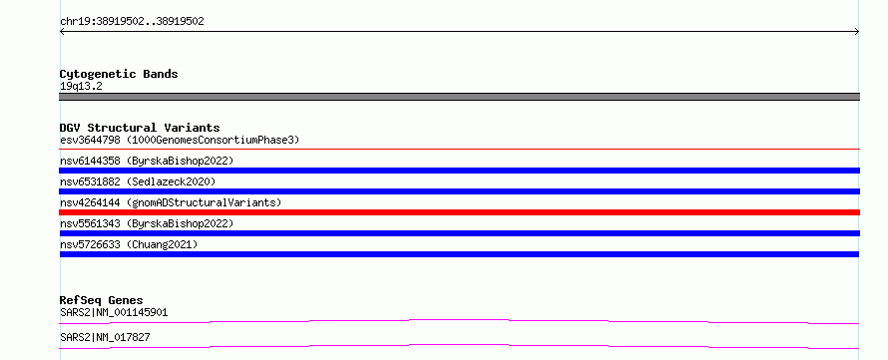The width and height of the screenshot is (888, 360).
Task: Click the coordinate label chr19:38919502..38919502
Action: point(132,22)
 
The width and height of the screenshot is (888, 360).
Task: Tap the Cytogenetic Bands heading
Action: point(119,74)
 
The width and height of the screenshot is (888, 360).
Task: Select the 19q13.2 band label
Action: point(81,87)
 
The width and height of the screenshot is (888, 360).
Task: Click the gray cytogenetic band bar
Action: point(459,97)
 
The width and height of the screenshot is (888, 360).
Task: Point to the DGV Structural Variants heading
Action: point(140,128)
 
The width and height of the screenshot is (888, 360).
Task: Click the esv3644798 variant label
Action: point(180,140)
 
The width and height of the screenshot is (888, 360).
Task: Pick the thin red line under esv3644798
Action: point(459,150)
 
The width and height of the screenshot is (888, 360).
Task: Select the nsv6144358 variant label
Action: point(147,161)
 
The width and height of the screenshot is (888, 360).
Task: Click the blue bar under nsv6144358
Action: point(459,171)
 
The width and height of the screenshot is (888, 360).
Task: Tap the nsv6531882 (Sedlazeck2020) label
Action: point(138,181)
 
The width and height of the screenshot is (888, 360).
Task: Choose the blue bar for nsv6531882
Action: point(459,191)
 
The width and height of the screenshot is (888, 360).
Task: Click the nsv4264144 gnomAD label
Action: point(171,202)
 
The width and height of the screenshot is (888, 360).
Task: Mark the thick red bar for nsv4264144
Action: point(459,212)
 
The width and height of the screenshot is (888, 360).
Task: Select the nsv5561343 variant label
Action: point(147,223)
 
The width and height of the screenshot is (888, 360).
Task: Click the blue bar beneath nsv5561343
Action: point(459,233)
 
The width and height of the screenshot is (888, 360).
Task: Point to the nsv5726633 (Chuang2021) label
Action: point(129,244)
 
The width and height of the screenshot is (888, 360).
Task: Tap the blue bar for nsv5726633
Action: point(459,254)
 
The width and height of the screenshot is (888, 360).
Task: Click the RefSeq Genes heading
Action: point(101,300)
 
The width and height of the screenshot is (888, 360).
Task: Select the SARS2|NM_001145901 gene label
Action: point(114,312)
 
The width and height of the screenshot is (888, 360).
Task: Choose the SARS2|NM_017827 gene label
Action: point(105,337)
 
